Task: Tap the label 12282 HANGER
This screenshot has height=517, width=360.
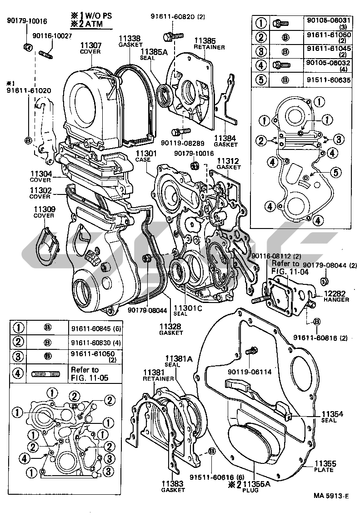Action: [x=336, y=297]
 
